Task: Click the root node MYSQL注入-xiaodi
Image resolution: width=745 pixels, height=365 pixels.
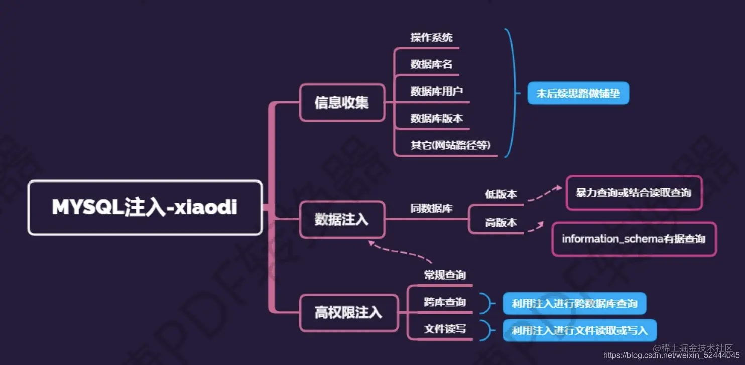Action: click(145, 208)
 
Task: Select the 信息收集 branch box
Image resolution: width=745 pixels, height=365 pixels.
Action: click(342, 103)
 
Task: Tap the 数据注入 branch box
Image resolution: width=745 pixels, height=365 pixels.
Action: click(342, 220)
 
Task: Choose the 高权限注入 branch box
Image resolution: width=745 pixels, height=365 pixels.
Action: click(348, 313)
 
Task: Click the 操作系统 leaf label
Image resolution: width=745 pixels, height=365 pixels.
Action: click(431, 37)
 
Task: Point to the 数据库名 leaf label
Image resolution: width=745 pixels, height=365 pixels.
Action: click(431, 64)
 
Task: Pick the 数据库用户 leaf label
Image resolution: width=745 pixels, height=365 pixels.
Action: click(436, 92)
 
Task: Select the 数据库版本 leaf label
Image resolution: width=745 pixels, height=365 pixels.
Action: click(436, 119)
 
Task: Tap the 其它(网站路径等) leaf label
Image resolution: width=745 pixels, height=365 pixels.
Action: click(450, 145)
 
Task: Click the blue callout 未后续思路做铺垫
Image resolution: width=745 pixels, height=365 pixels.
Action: click(578, 94)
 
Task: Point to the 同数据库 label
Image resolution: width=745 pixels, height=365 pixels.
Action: click(431, 208)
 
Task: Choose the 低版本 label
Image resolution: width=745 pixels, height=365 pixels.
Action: click(501, 194)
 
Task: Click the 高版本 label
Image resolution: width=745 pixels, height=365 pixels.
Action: click(501, 223)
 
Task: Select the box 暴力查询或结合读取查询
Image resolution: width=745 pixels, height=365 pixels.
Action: click(634, 193)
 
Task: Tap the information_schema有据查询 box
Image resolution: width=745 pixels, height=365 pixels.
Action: click(634, 239)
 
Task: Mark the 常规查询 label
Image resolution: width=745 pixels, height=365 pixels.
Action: click(445, 275)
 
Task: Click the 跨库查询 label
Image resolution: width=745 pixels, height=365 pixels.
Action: click(445, 302)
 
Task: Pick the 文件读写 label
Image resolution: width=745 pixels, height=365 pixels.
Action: click(445, 329)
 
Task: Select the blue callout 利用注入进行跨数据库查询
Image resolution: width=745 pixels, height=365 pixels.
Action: click(574, 304)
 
